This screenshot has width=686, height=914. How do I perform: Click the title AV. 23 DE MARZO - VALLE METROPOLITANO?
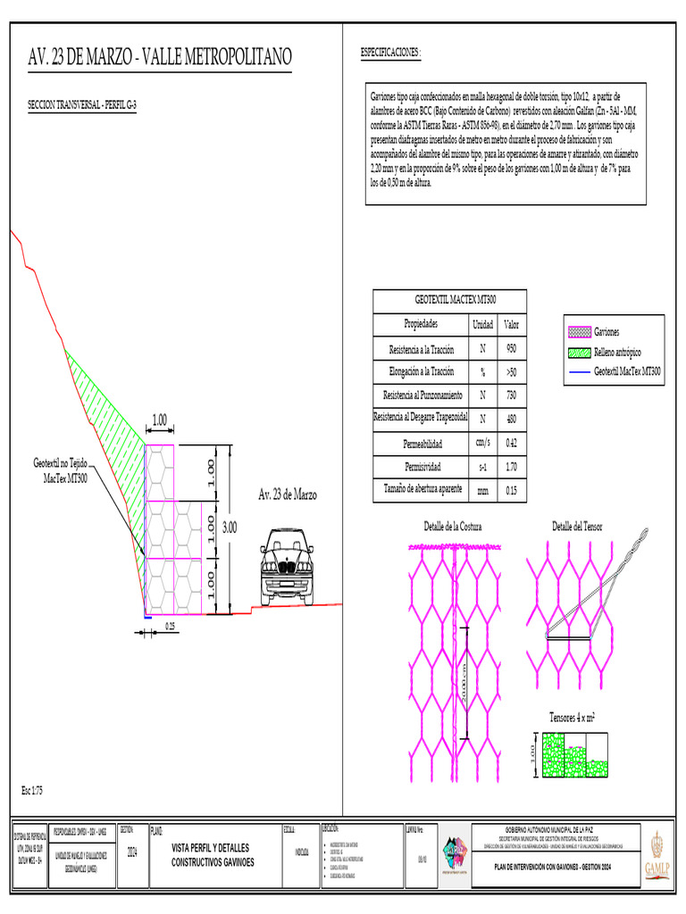click(161, 59)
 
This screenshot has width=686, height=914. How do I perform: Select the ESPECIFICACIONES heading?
click(390, 54)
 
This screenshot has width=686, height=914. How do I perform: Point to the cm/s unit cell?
click(482, 443)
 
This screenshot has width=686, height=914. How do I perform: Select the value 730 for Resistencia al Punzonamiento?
click(512, 395)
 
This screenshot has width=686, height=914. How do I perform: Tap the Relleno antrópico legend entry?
click(616, 352)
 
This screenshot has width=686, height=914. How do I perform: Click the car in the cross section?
click(287, 567)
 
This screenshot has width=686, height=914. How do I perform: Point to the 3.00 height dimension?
click(230, 528)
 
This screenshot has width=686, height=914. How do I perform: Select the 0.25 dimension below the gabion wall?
click(170, 626)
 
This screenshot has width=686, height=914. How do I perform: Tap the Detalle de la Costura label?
click(453, 528)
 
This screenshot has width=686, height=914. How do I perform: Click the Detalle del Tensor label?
click(576, 528)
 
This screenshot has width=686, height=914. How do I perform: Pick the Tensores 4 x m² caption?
click(573, 717)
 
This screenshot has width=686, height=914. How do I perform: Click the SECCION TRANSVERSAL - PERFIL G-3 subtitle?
click(83, 105)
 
